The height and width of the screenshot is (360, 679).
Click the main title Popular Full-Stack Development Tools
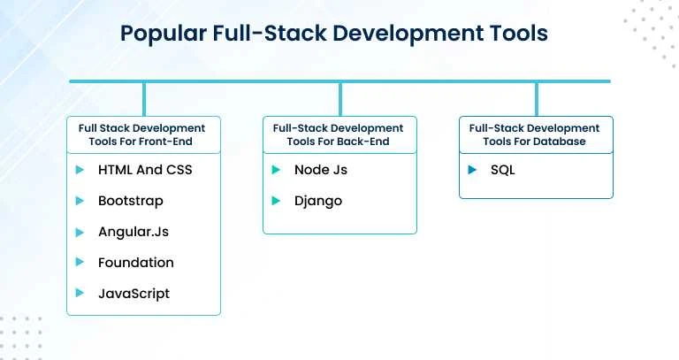[334, 34]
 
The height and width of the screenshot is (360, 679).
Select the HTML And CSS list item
[145, 170]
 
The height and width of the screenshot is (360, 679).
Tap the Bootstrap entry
[131, 201]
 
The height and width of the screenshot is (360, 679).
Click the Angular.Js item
[134, 232]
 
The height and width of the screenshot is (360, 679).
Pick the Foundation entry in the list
[136, 263]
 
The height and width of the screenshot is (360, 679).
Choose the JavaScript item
[134, 294]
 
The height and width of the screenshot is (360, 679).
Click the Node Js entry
[323, 170]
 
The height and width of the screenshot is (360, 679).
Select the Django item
[318, 201]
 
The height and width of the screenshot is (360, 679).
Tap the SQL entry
[503, 170]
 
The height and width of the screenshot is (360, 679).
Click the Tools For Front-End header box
[143, 135]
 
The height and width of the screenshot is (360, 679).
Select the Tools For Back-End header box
[339, 135]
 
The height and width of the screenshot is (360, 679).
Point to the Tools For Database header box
[536, 135]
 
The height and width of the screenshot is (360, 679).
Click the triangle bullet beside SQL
[473, 170]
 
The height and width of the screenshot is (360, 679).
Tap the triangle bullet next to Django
[277, 201]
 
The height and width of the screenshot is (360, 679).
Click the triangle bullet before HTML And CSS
[80, 170]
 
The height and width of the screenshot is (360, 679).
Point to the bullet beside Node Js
[277, 170]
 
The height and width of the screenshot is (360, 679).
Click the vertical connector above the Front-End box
[143, 98]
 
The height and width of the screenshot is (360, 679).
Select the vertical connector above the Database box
[536, 98]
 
